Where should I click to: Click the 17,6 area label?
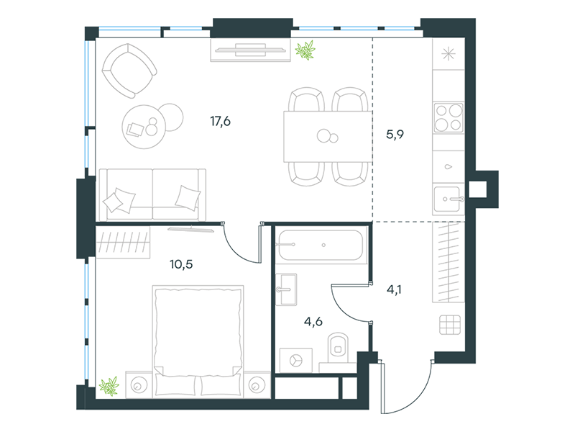[x=220, y=121]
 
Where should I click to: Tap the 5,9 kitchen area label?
[x=395, y=135]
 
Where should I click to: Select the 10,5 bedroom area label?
[x=181, y=264]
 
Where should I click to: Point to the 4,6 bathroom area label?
[x=313, y=322]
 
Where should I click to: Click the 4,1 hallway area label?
[x=394, y=290]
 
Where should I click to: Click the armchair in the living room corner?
[x=129, y=71]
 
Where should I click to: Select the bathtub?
[x=321, y=245]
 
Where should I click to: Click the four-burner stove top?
[x=448, y=118]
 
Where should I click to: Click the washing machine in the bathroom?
[x=296, y=361]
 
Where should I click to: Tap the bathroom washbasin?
[x=286, y=289]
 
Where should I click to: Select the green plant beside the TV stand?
[x=305, y=50]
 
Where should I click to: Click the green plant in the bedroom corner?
[x=109, y=386]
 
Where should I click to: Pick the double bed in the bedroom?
[x=198, y=341]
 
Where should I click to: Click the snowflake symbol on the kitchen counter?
[x=448, y=55]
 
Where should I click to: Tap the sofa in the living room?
[x=152, y=194]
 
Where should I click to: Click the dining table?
[x=328, y=137]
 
